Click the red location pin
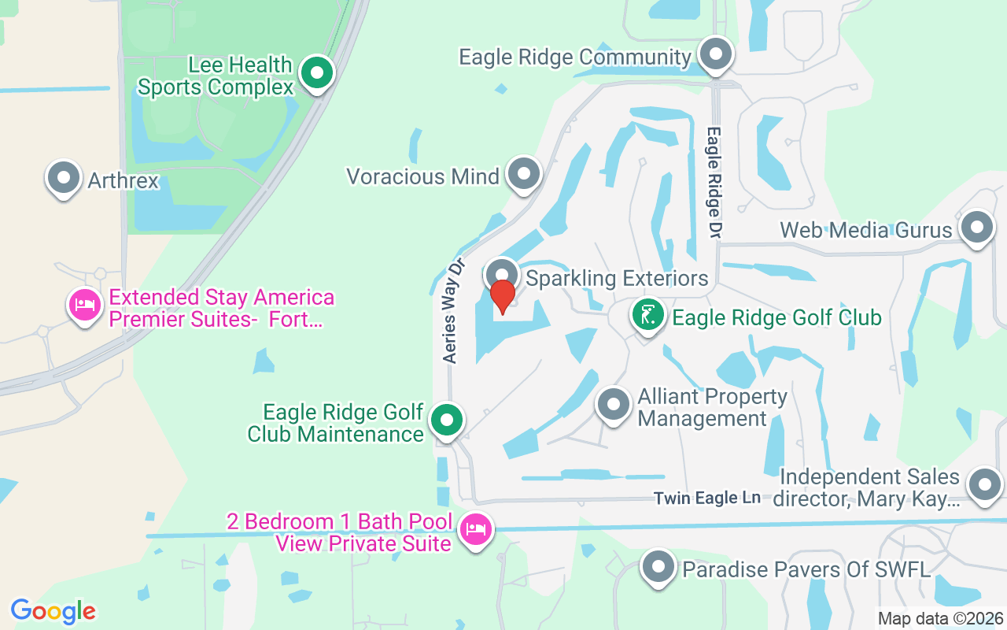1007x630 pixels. [x=502, y=296]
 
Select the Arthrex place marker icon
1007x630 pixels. [x=64, y=178]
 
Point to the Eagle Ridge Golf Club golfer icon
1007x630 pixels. [x=647, y=316]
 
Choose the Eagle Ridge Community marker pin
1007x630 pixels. [x=715, y=56]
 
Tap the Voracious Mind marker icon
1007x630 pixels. [x=523, y=174]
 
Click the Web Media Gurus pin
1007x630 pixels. [x=976, y=228]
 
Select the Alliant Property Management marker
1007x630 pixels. [x=614, y=406]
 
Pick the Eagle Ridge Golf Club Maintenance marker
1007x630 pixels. [x=447, y=421]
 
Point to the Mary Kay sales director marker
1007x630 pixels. [x=984, y=485]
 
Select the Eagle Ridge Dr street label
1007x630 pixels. [x=714, y=182]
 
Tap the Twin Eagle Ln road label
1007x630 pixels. [x=707, y=498]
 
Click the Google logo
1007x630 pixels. [x=53, y=611]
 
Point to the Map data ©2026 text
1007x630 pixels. [x=941, y=618]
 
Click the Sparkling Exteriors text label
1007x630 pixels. [x=617, y=278]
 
